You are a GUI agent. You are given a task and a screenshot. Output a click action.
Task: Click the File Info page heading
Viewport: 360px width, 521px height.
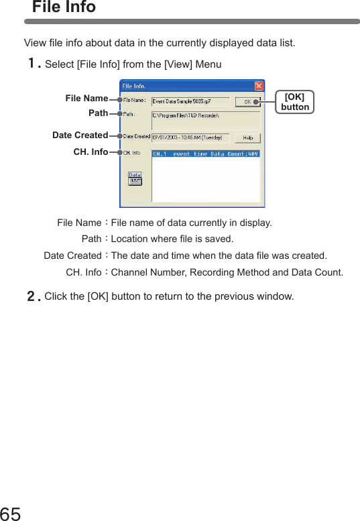pyautogui.click(x=64, y=7)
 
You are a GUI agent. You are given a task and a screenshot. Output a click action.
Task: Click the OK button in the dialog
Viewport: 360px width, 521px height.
pyautogui.click(x=247, y=102)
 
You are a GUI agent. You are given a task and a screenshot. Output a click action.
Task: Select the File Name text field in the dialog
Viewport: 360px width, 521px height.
pyautogui.click(x=190, y=102)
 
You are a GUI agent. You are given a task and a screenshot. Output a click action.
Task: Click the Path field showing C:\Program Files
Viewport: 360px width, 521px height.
pyautogui.click(x=204, y=116)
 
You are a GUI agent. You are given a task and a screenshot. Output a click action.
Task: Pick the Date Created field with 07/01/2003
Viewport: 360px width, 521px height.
pyautogui.click(x=190, y=137)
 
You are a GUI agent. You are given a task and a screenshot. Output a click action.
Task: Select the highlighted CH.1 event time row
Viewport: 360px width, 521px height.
pyautogui.click(x=205, y=154)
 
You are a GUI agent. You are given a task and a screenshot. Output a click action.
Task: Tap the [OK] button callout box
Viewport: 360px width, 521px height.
pyautogui.click(x=295, y=102)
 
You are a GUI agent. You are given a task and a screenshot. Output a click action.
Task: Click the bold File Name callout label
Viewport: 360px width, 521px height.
pyautogui.click(x=86, y=99)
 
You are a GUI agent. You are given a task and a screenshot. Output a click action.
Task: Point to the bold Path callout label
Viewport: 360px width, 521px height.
pyautogui.click(x=98, y=113)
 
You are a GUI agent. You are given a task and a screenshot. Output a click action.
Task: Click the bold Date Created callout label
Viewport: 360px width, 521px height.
pyautogui.click(x=80, y=135)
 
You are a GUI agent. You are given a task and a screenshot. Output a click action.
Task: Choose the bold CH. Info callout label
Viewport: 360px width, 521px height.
pyautogui.click(x=91, y=152)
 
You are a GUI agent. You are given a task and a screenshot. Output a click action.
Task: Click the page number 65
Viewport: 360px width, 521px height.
pyautogui.click(x=11, y=513)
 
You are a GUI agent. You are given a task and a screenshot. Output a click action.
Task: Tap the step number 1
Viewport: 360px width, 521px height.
pyautogui.click(x=32, y=64)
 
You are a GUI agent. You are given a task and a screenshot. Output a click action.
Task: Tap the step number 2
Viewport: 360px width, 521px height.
pyautogui.click(x=32, y=296)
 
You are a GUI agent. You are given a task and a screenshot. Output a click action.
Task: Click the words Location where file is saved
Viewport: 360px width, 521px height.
pyautogui.click(x=172, y=239)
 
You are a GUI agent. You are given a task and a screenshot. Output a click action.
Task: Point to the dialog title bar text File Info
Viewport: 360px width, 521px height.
pyautogui.click(x=133, y=86)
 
